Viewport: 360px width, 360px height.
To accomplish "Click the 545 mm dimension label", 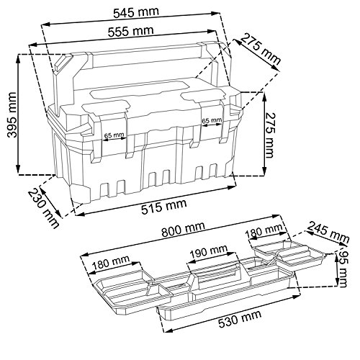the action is (136, 12).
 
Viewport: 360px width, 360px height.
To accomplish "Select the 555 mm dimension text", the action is (131, 32).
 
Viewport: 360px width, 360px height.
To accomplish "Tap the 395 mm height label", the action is (12, 114).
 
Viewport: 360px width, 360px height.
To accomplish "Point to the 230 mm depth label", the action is (43, 208).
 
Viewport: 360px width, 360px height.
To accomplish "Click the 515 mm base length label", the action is (164, 207).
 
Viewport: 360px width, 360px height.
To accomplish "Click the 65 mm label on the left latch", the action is (114, 135).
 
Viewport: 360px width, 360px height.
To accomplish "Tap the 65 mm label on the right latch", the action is (212, 120).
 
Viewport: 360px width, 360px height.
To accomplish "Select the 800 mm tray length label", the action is (184, 229).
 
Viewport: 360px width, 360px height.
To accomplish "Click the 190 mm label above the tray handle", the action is (209, 251).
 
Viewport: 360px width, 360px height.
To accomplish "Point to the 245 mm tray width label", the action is (328, 232).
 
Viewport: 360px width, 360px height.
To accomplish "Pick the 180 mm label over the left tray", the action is (111, 262).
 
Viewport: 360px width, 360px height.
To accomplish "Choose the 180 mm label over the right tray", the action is (264, 230).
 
